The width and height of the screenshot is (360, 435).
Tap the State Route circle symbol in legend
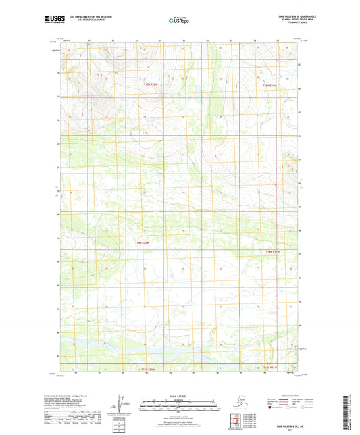coord(311,409)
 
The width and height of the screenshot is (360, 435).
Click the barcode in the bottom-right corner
coord(351,413)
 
